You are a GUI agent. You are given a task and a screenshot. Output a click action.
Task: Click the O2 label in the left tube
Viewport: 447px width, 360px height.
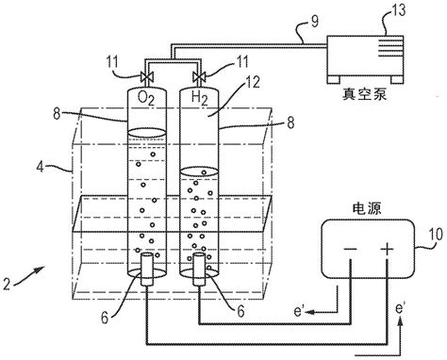[x=146, y=98]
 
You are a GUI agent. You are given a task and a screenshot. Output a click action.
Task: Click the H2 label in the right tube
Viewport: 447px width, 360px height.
[x=200, y=98]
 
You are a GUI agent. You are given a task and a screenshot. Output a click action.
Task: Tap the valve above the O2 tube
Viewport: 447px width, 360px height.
[x=147, y=76]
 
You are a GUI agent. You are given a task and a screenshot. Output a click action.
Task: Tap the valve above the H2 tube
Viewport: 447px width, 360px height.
[x=199, y=76]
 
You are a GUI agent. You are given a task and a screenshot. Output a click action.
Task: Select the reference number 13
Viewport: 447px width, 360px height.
[x=398, y=10]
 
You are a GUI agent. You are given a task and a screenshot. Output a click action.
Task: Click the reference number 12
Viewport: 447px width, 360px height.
[x=252, y=82]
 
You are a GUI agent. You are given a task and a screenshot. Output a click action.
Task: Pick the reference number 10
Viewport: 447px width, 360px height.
[x=435, y=234]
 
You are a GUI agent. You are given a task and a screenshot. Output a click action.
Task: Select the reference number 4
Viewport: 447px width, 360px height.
[x=40, y=167]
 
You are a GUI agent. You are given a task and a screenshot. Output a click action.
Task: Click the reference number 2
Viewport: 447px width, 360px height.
[x=7, y=284]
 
